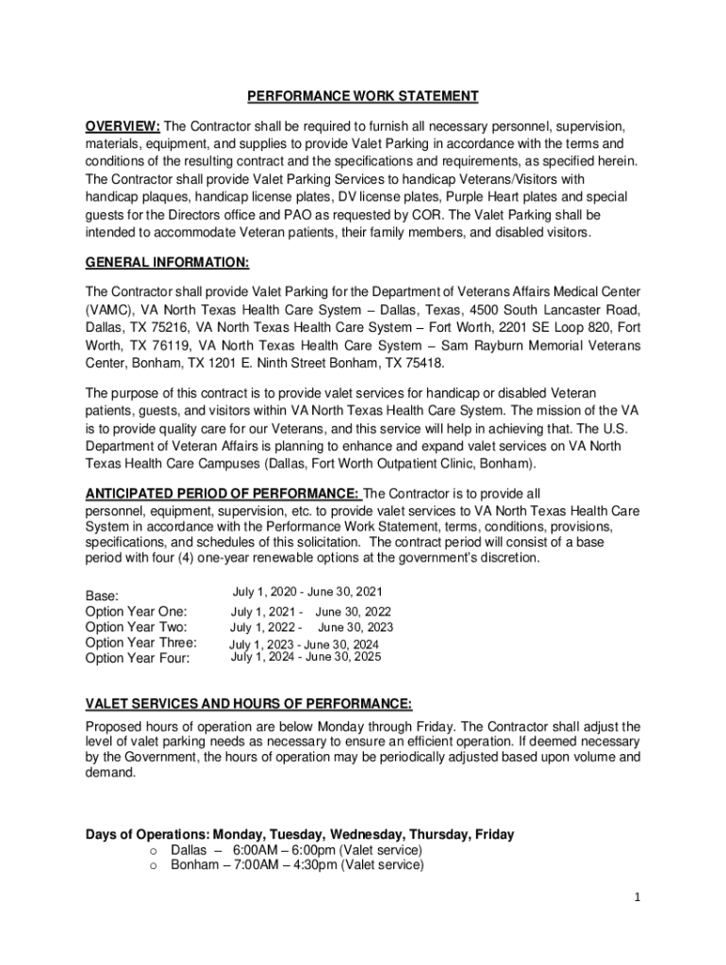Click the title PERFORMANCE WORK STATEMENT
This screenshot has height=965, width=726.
[363, 96]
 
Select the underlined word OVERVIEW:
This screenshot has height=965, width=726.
[123, 126]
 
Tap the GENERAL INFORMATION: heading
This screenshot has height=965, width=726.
[167, 264]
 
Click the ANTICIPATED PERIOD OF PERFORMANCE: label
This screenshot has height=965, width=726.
[223, 494]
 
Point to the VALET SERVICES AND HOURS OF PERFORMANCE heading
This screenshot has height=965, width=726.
[249, 703]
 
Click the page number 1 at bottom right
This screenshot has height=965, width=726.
[637, 898]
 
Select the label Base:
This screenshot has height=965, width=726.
[103, 597]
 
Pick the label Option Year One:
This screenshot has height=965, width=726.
[136, 612]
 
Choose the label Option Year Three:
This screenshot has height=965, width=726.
[140, 643]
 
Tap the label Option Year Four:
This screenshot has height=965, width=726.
[138, 658]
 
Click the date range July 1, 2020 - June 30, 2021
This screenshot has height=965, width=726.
[307, 592]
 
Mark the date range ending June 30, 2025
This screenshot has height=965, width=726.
[306, 657]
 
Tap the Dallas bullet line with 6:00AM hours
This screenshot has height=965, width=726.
[296, 850]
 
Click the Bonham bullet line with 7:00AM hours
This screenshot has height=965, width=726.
[296, 865]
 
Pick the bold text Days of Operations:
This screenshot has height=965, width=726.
[147, 835]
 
